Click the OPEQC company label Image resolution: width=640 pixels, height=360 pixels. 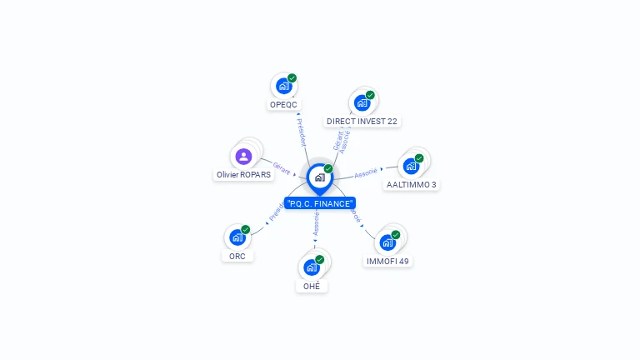[x=283, y=105]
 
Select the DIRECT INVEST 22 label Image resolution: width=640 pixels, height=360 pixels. [x=362, y=121]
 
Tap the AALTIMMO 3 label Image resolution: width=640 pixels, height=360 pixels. [x=411, y=184]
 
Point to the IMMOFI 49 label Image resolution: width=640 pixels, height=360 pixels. [x=387, y=261]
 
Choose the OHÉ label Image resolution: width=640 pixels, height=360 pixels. [x=311, y=286]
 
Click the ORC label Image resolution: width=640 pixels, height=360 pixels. [x=237, y=256]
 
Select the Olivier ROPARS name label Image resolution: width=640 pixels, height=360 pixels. [x=243, y=175]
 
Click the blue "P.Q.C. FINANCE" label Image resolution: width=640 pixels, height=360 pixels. [x=320, y=203]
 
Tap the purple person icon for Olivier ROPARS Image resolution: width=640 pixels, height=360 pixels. [x=243, y=156]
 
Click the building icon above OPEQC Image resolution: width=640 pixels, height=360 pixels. [x=284, y=86]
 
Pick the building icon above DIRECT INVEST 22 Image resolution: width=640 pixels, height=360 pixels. [x=362, y=102]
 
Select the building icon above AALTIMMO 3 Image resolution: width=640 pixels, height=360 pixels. [x=411, y=165]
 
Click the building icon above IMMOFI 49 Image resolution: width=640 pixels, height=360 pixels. [x=387, y=242]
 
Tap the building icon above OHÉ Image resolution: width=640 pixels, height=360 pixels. [x=311, y=267]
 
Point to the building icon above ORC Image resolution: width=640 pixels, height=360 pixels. [x=237, y=237]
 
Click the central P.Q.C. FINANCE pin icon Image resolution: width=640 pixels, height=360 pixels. [x=319, y=177]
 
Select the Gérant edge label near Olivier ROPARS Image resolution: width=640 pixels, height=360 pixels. [x=282, y=168]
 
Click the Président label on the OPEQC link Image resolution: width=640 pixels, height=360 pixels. [x=301, y=131]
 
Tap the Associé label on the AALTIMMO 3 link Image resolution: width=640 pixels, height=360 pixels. [x=365, y=173]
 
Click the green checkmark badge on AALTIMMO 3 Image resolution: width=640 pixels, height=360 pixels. [x=419, y=158]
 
